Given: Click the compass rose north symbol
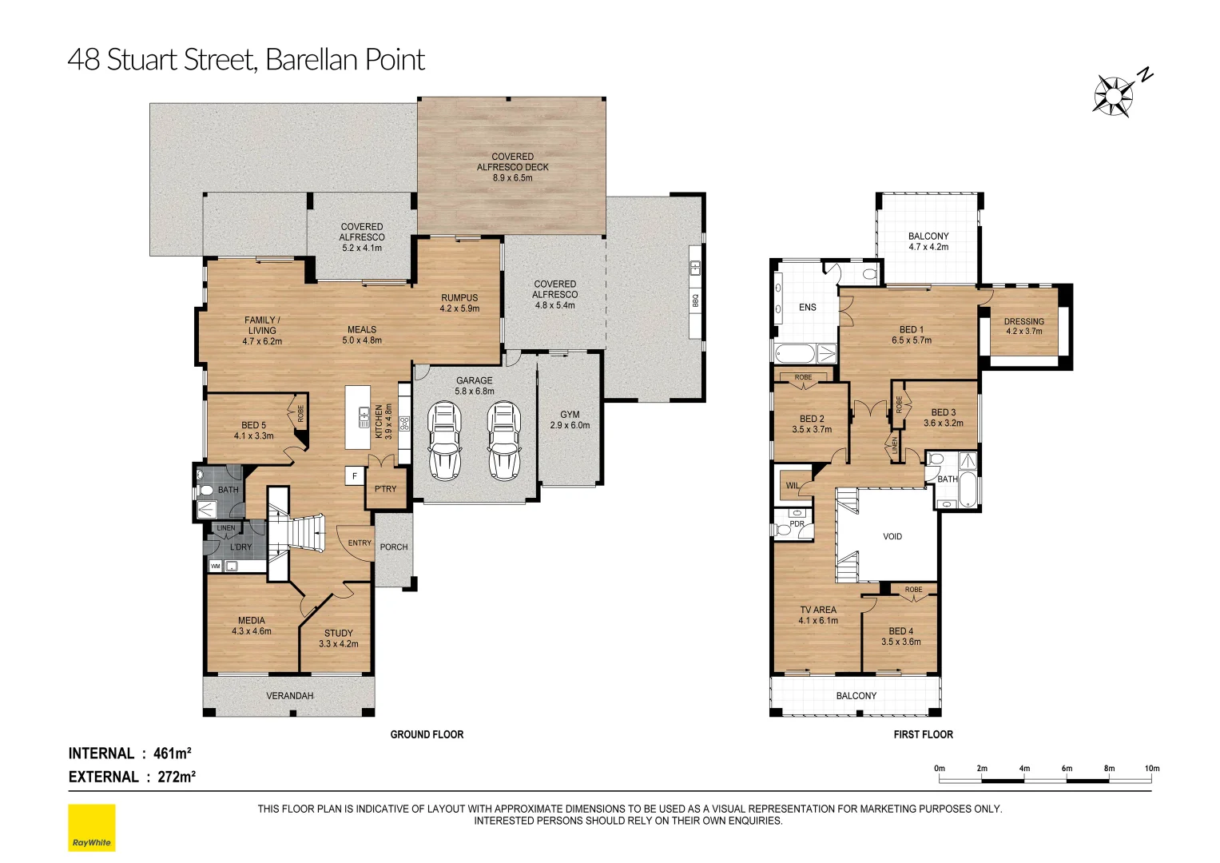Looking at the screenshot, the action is tap(1121, 95).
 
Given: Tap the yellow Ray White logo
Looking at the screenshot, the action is tap(92, 828).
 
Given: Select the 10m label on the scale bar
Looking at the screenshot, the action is tap(1152, 768).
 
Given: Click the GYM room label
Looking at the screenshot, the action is tap(570, 414).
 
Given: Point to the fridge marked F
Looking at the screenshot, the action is tap(355, 475).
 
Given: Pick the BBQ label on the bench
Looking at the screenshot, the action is tap(695, 300).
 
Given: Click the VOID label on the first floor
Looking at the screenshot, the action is tap(892, 537).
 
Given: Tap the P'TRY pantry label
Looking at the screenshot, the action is tap(386, 489).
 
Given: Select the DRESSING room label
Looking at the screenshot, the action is tap(1024, 321).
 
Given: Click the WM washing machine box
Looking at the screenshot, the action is tap(215, 567).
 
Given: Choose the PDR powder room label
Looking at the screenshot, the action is tap(797, 524).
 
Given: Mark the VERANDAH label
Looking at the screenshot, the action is tap(290, 696).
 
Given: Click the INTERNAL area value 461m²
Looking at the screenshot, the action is tap(172, 754).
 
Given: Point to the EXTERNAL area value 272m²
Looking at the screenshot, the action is tap(177, 777).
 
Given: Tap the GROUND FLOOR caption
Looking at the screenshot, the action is tap(427, 734).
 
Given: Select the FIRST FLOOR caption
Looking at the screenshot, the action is tap(923, 734).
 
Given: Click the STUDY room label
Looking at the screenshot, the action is tap(338, 633).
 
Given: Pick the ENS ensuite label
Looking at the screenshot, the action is tap(808, 308).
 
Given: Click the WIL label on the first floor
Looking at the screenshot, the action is tap(793, 486).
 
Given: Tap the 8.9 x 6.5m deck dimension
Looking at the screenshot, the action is tap(512, 177).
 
